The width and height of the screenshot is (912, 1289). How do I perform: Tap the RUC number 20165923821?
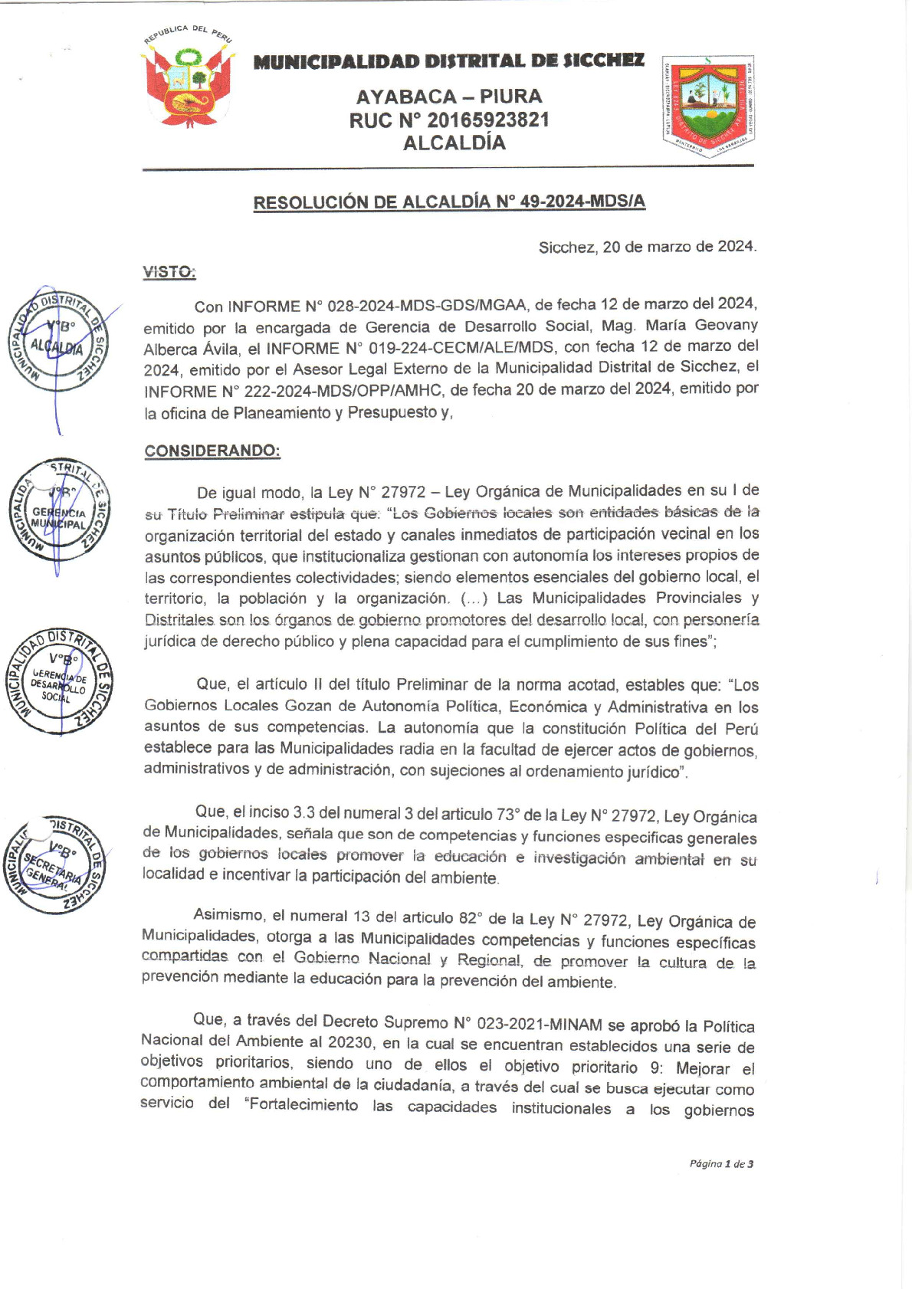[487, 120]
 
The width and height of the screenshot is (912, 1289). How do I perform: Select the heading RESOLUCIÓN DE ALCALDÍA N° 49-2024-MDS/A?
[449, 202]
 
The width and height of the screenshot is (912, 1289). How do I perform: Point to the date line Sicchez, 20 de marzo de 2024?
[647, 247]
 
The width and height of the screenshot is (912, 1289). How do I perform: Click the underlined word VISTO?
[169, 272]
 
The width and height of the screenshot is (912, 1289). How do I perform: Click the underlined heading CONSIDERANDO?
[212, 451]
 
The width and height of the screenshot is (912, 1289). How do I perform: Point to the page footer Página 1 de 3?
[720, 1164]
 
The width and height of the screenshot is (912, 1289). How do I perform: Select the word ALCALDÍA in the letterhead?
[454, 143]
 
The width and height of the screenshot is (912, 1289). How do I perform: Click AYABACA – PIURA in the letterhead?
[448, 97]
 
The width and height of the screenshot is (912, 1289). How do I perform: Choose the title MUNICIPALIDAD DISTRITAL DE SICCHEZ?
[448, 61]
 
